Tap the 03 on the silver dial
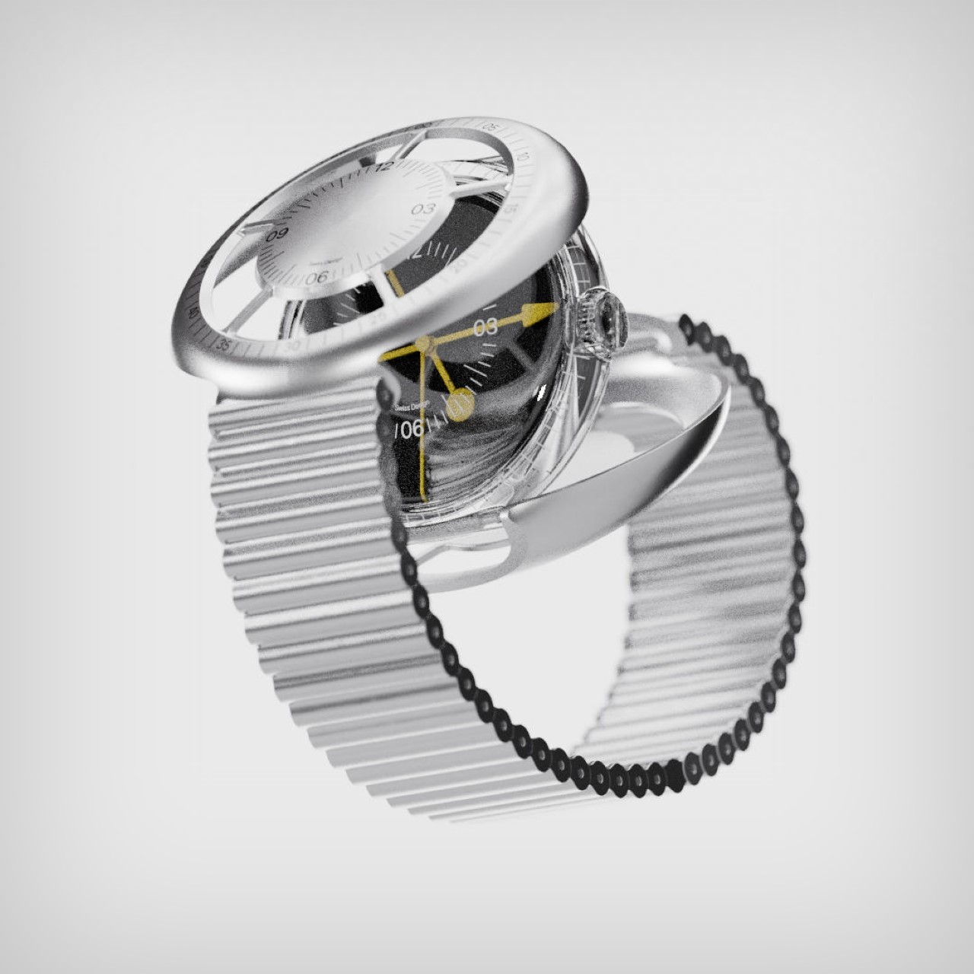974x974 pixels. click(x=423, y=208)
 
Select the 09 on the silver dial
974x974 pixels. click(x=277, y=234)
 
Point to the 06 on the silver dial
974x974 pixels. click(x=316, y=278)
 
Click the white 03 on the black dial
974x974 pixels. click(x=485, y=327)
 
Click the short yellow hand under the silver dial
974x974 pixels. click(x=393, y=282)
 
